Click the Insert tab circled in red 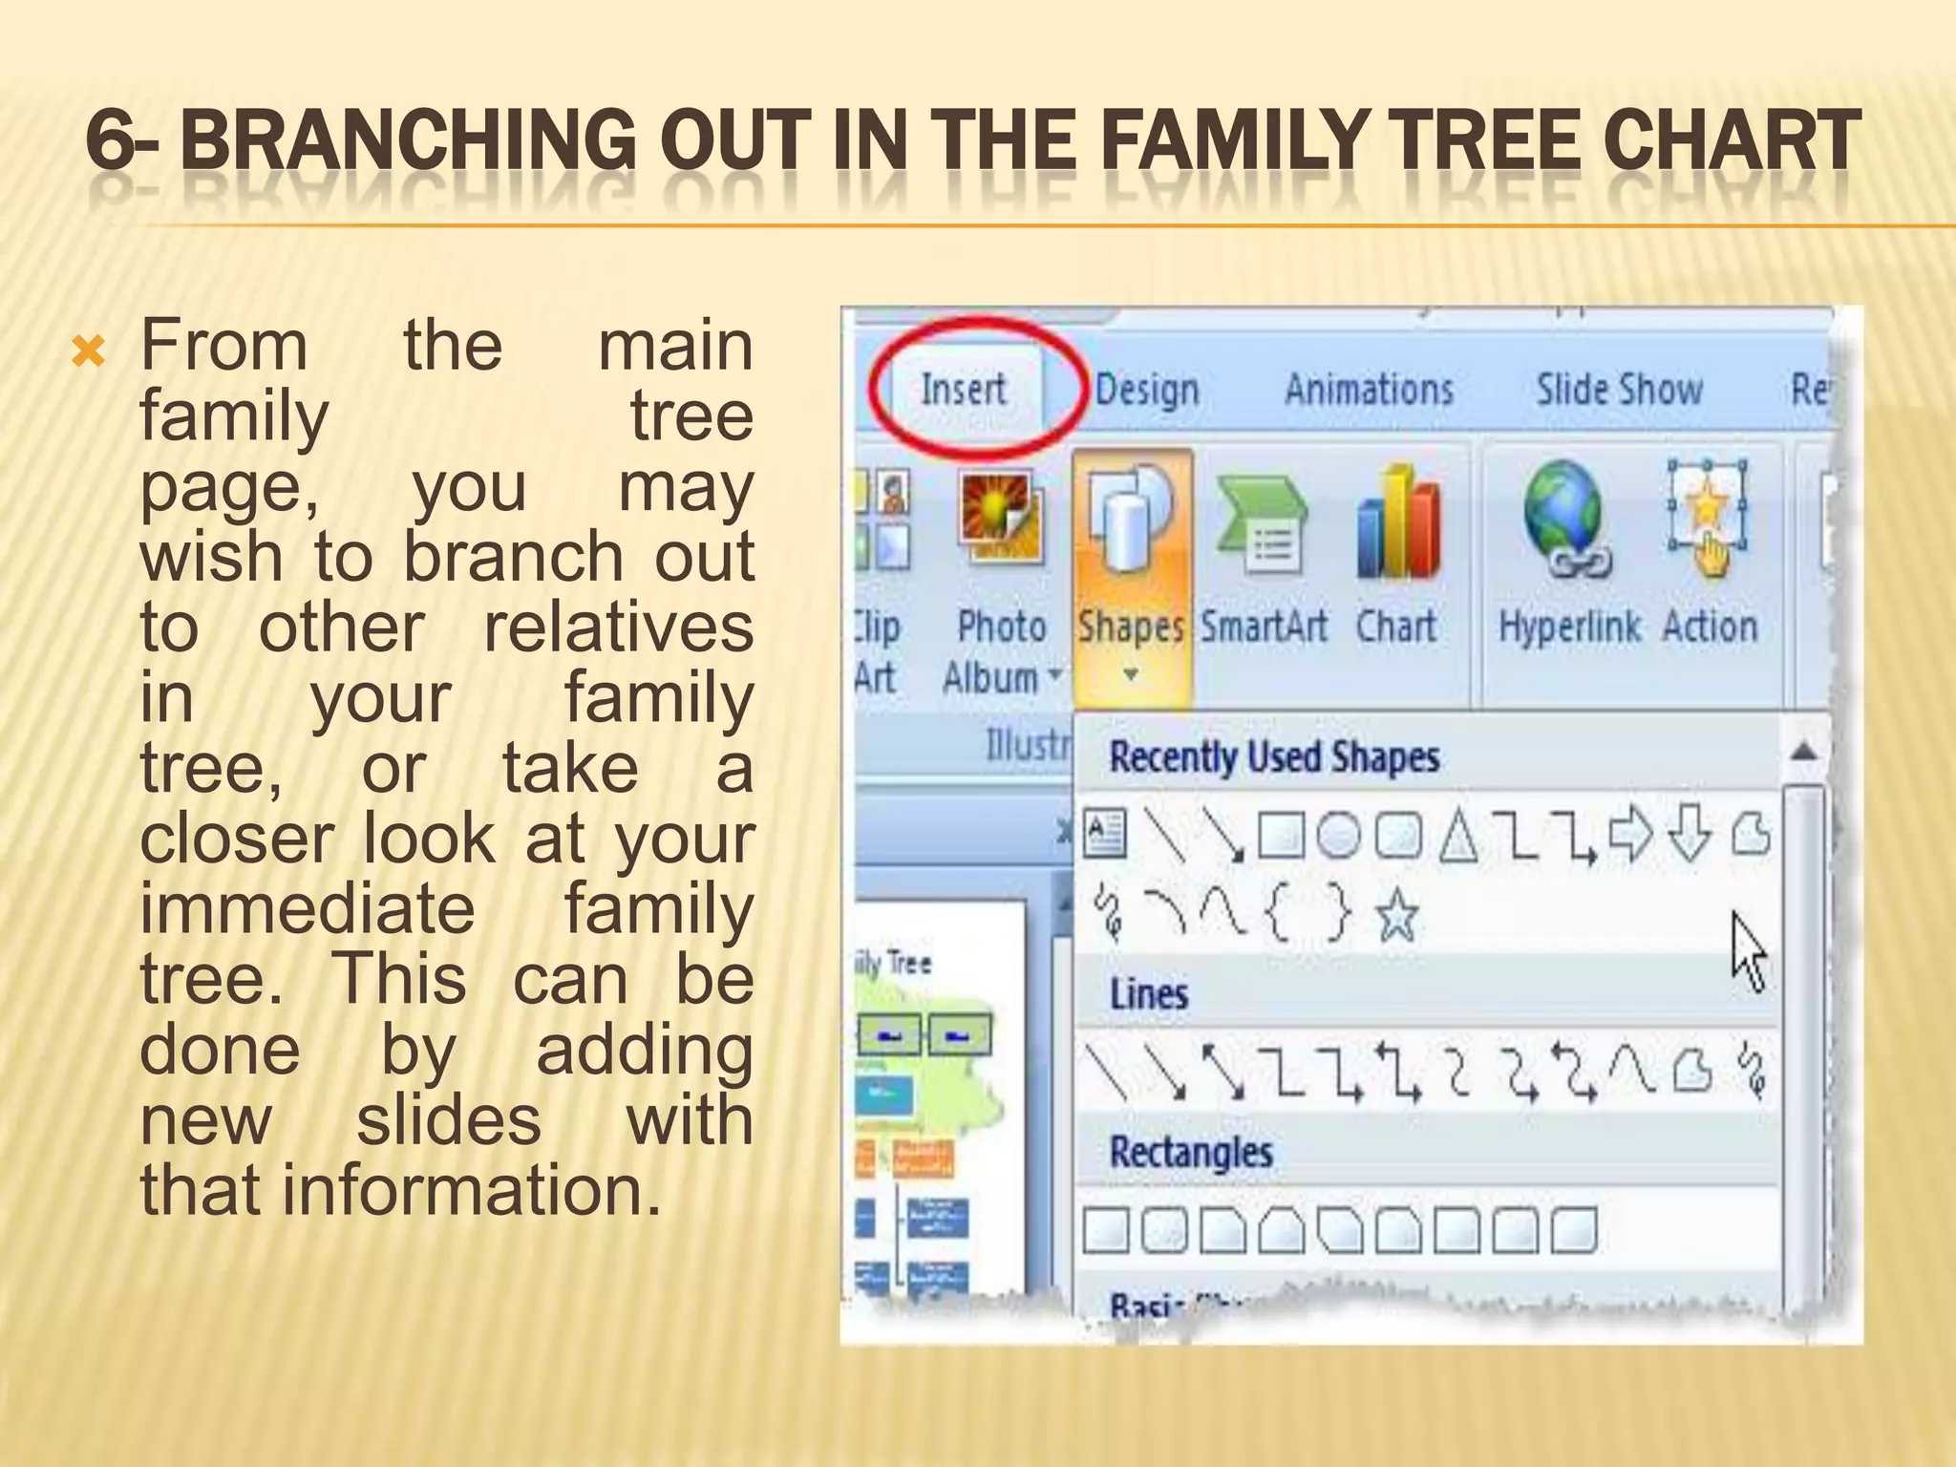tap(963, 390)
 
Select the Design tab tap(1146, 390)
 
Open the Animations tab tap(1369, 390)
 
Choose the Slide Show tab tap(1619, 390)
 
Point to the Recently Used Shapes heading tap(1274, 757)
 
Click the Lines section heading tap(1149, 995)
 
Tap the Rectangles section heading tap(1191, 1152)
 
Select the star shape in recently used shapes tap(1396, 914)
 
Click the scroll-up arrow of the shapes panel tap(1802, 752)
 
